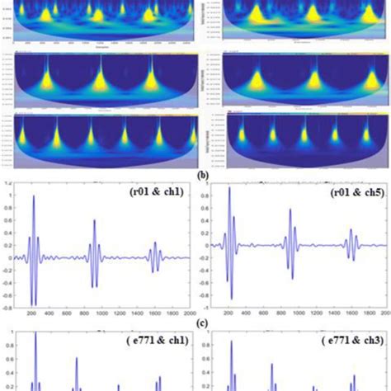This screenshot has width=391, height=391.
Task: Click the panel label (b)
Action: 195,174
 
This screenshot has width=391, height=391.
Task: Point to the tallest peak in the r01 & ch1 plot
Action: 34,197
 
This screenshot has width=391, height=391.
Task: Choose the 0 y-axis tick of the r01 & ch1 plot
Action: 10,257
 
